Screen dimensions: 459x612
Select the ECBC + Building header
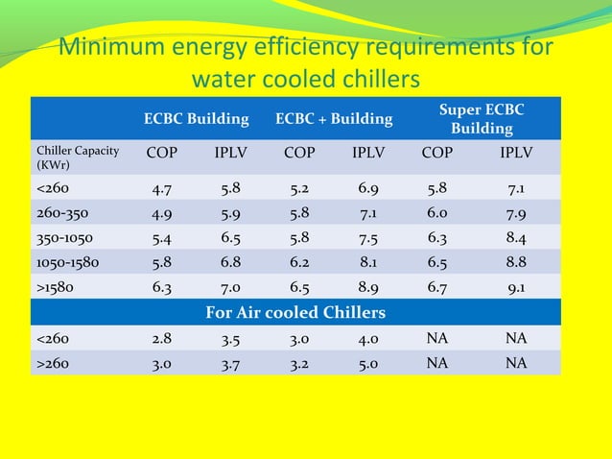(x=334, y=119)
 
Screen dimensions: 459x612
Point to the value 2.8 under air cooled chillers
(x=162, y=339)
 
